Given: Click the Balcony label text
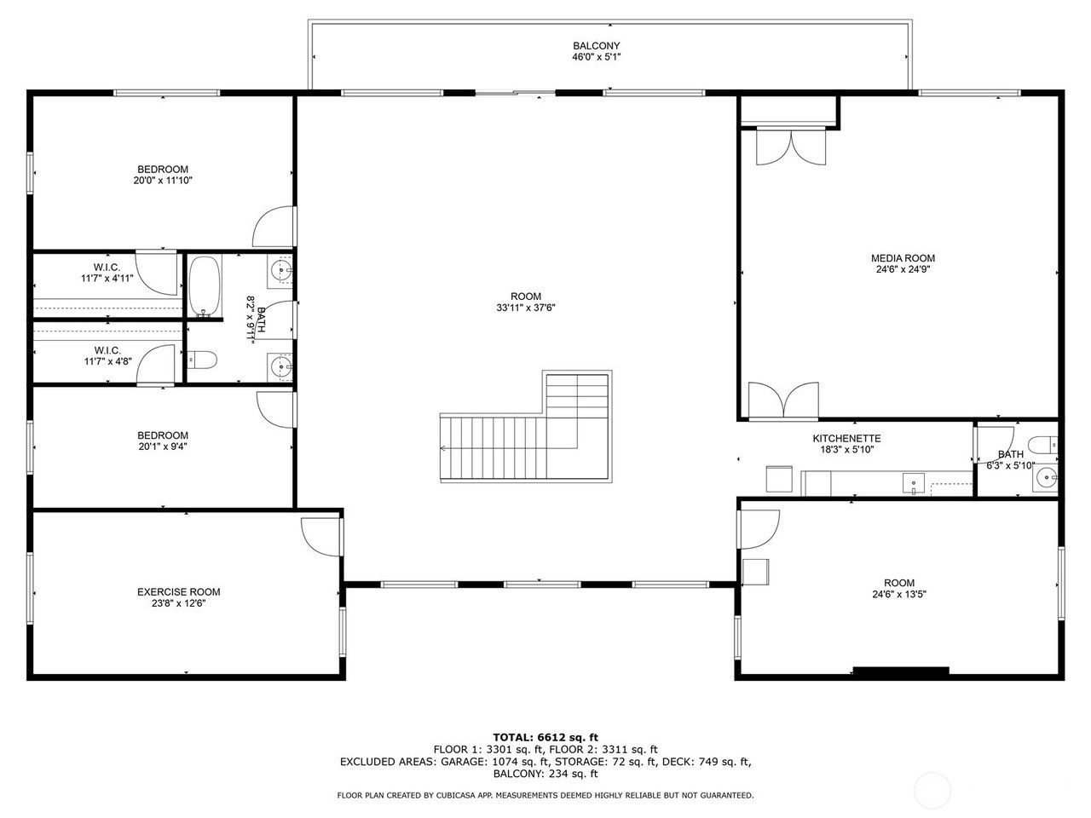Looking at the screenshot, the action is [x=596, y=46].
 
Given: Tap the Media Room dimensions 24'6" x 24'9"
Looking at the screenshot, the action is [x=903, y=269].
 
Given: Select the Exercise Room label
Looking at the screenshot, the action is [x=178, y=591].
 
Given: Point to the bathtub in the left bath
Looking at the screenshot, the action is [x=205, y=286].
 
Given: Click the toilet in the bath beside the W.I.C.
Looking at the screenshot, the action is [x=202, y=359].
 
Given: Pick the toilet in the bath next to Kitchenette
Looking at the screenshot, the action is [x=1042, y=445].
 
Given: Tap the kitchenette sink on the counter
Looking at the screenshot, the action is [x=914, y=484].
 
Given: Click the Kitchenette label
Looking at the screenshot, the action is [x=846, y=438].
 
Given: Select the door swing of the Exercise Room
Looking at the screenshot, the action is [x=321, y=537].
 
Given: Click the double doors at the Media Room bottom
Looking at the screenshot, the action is [x=783, y=400].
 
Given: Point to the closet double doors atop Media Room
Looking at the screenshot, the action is [x=791, y=147].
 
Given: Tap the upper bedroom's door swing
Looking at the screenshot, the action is [x=274, y=227].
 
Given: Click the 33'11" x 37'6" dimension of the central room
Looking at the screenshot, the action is [x=525, y=308].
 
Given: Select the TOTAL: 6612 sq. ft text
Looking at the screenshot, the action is [x=545, y=737].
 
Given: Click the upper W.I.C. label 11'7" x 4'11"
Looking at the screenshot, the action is [x=107, y=278].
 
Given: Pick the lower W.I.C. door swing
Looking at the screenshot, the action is [x=156, y=365].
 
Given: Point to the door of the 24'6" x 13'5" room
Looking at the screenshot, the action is [x=759, y=529].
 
